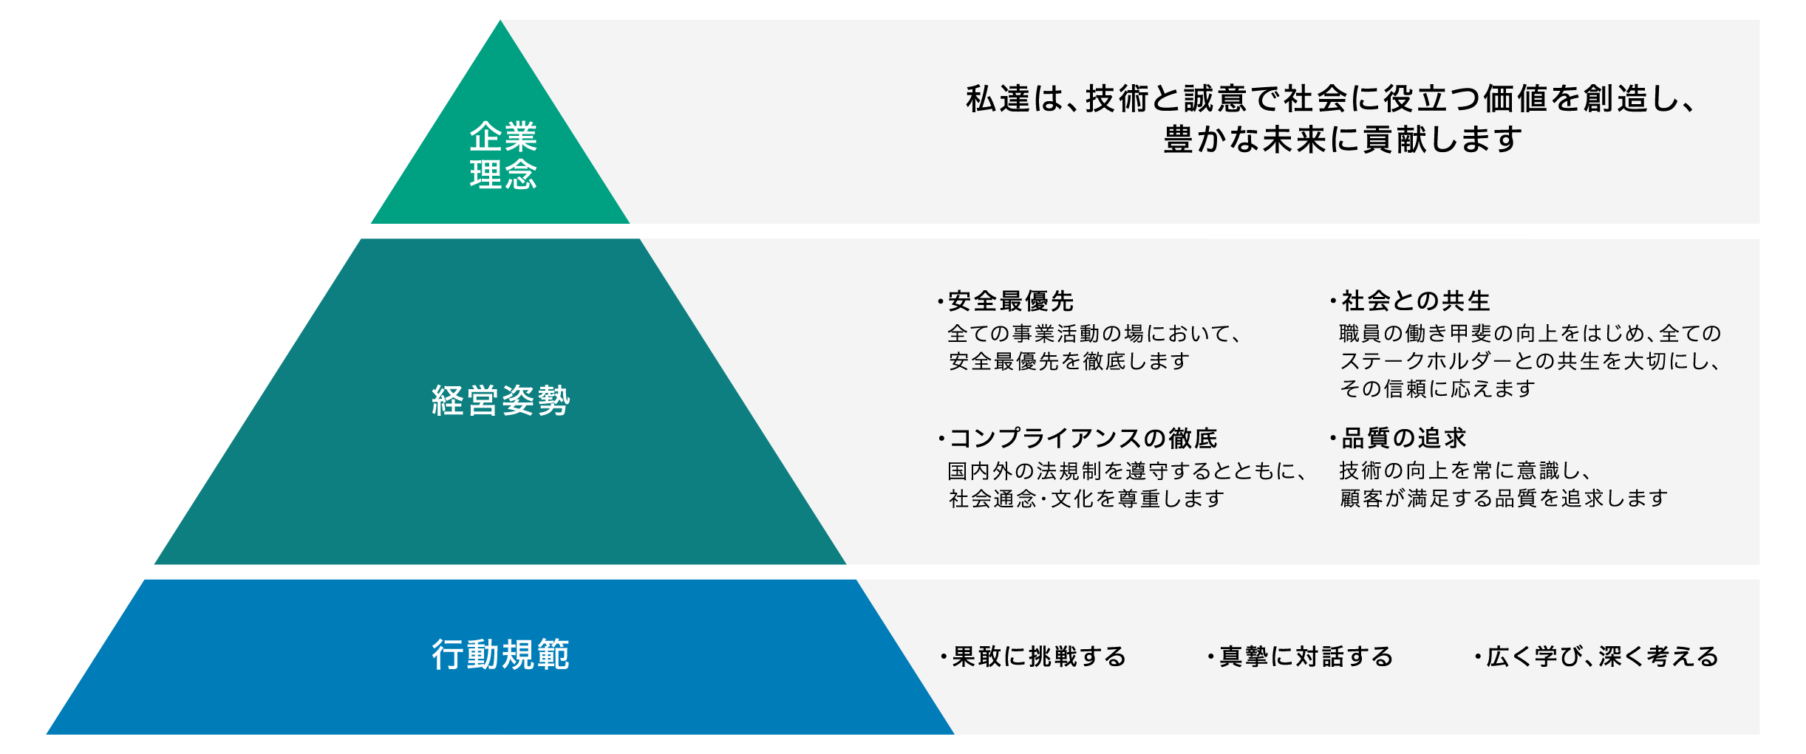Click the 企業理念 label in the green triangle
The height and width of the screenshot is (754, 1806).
pos(503,156)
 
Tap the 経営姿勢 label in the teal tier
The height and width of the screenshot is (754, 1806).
pos(501,401)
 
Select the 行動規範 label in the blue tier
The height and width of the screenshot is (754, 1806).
pos(501,654)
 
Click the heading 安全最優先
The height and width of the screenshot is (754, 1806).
pos(1010,301)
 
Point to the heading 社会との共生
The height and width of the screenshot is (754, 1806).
pos(1415,301)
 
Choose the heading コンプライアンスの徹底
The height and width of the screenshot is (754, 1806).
pos(1083,439)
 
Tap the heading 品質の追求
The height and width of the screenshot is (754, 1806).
pos(1403,439)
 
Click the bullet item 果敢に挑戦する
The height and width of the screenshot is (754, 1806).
pos(1039,657)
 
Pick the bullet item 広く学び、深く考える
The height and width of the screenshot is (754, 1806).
pos(1603,657)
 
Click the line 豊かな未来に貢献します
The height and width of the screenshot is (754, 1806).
pos(1343,140)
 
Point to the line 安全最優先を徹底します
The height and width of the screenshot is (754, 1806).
pos(1069,361)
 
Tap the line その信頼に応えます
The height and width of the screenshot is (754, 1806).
pos(1437,388)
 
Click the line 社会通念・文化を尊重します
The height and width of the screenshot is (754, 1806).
pos(1086,499)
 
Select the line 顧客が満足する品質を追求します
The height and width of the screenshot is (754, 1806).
pos(1504,498)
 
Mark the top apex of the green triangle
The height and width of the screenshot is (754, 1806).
pos(500,20)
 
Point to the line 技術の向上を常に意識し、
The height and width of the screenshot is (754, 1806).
pos(1466,470)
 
